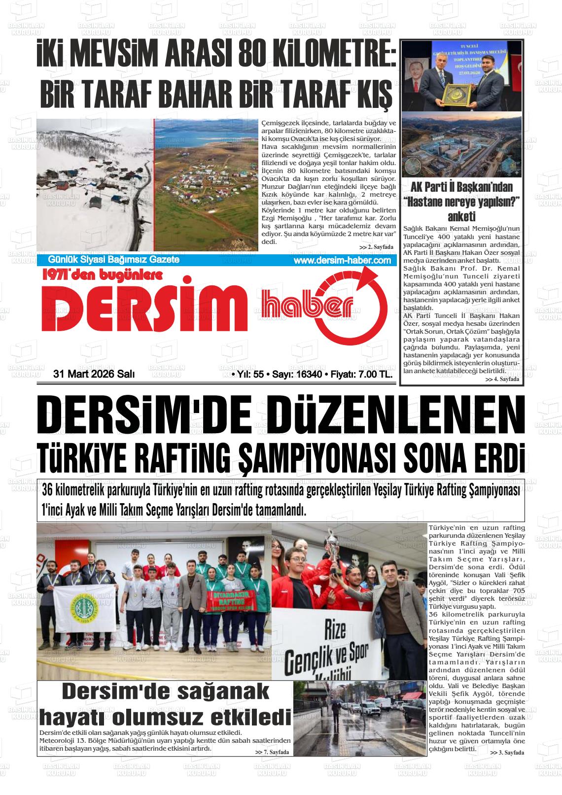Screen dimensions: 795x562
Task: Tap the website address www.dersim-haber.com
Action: pos(342,261)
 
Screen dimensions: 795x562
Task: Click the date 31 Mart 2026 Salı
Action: pos(94,375)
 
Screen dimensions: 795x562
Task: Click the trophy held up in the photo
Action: pos(335,550)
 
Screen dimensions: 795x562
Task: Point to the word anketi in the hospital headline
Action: pos(461,217)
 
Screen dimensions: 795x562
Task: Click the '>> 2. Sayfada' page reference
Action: pos(376,247)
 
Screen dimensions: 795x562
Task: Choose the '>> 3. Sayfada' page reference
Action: pos(507,753)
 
